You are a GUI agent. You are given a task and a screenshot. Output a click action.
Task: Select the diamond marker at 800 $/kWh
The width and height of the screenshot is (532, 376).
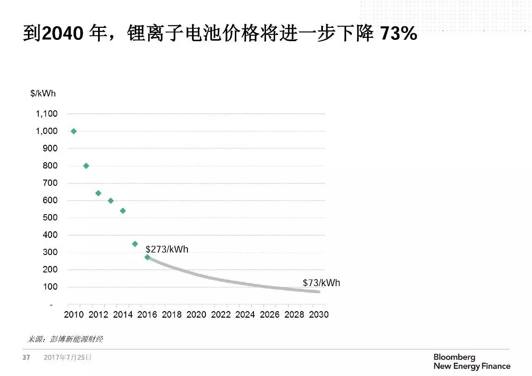pos(86,166)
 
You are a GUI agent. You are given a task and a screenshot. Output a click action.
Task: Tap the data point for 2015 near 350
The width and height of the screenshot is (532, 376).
pos(135,244)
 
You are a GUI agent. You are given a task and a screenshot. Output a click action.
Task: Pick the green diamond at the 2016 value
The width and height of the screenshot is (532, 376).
pos(147,257)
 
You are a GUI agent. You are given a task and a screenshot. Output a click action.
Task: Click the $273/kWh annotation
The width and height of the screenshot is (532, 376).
pos(167,250)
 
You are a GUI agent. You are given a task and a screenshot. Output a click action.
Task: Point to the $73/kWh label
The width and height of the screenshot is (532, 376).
pos(321,283)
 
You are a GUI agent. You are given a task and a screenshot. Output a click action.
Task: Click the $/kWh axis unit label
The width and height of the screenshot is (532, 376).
pos(43,93)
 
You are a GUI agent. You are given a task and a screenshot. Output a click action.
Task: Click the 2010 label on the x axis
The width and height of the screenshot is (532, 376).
pos(74,314)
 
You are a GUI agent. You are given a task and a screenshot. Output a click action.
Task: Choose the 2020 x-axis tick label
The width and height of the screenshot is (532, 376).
pos(196,314)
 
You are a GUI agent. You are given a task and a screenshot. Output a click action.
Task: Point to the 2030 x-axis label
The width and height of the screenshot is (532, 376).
pos(318,314)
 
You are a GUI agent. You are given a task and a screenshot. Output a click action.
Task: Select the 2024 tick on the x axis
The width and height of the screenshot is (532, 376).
pos(245,314)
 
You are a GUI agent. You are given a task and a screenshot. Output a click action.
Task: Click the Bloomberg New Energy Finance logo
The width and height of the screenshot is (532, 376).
pos(472,362)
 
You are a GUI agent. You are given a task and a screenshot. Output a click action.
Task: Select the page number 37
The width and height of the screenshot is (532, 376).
pos(26,357)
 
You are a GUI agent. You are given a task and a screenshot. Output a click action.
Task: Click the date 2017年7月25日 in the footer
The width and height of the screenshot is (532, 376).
pos(67,357)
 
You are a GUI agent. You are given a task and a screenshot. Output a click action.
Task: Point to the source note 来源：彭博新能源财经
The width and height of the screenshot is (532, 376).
pos(65,339)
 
